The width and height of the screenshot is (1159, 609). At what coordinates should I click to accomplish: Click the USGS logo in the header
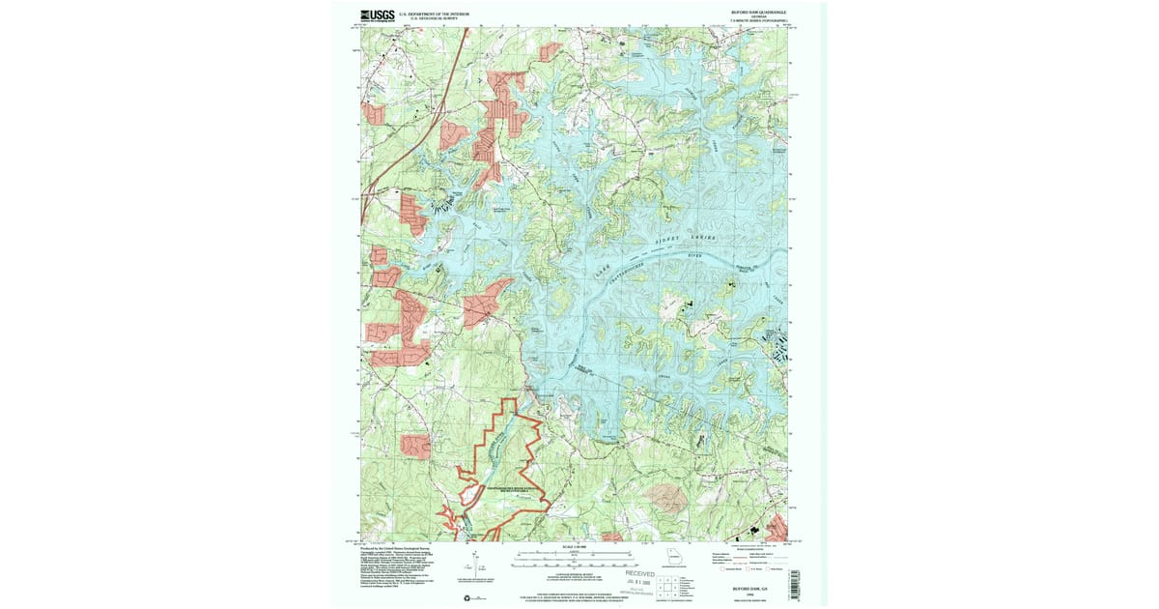tap(378, 14)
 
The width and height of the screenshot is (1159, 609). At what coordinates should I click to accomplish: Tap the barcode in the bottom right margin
tap(795, 581)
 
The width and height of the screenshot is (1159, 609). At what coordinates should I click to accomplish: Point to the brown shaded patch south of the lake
tap(667, 498)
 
